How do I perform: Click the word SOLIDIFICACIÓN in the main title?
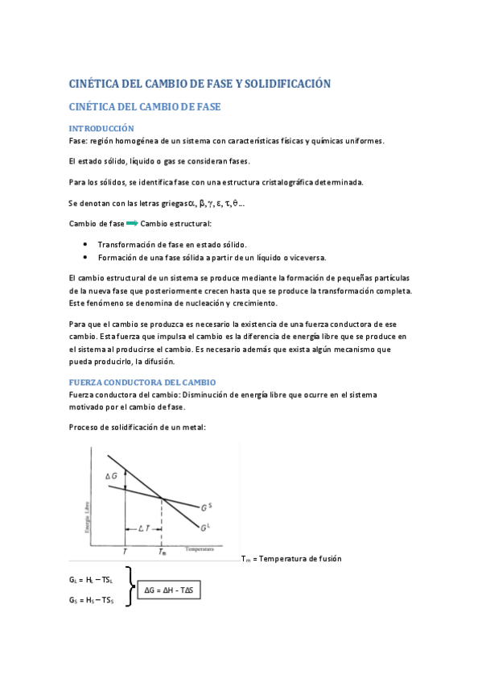(x=279, y=84)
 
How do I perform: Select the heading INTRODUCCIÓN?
(x=101, y=129)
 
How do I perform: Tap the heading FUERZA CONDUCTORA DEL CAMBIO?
(x=142, y=381)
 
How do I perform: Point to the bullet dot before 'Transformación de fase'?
(x=85, y=244)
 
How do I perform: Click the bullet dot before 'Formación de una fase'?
(x=85, y=257)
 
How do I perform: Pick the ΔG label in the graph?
(x=112, y=477)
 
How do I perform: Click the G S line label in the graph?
(x=207, y=507)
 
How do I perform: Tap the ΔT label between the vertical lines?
(x=143, y=528)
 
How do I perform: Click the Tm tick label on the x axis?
(x=162, y=553)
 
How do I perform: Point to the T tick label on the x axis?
(x=125, y=553)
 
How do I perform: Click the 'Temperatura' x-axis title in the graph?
(x=200, y=549)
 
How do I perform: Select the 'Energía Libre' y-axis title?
(x=87, y=515)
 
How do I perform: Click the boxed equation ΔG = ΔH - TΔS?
(x=172, y=590)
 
